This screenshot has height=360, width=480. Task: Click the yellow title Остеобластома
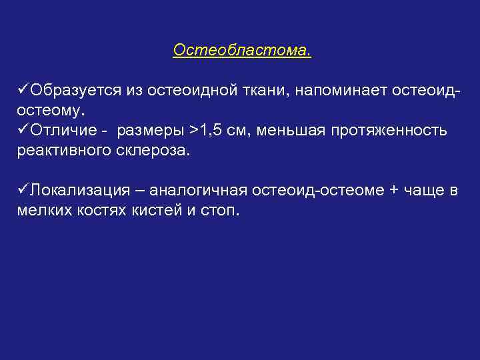(x=241, y=51)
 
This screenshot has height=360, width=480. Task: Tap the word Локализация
(x=78, y=191)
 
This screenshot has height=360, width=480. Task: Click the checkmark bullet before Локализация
(x=23, y=190)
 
